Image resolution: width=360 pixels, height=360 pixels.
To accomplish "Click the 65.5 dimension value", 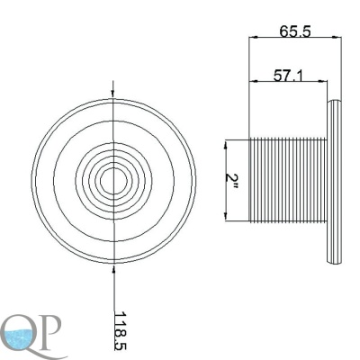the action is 294,31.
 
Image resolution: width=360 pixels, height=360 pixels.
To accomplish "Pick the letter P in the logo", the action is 52,329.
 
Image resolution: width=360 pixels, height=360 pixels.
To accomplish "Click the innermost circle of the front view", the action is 112,181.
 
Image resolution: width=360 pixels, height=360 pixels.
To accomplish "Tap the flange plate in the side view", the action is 334,182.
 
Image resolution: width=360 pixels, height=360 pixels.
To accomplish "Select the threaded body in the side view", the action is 288,180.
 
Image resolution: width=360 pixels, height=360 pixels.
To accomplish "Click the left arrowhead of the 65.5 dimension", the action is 254,38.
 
